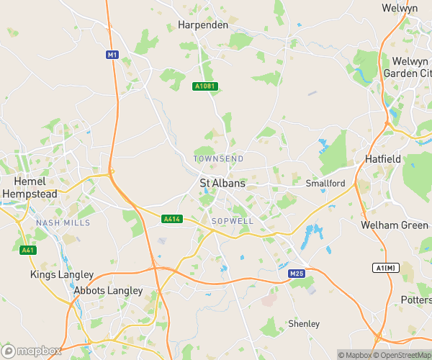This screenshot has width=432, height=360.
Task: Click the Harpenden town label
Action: (x=202, y=25)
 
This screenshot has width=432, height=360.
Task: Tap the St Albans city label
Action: (x=222, y=184)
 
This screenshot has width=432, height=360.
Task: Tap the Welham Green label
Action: (x=395, y=225)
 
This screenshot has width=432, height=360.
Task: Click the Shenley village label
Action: (x=303, y=324)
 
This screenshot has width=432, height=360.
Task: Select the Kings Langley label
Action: (x=62, y=274)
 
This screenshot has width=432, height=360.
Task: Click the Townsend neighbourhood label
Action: (x=218, y=158)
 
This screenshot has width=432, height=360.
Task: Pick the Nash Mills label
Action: (x=63, y=223)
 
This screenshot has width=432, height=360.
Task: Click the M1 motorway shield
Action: (x=112, y=55)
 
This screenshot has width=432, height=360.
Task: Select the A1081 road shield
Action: (x=204, y=86)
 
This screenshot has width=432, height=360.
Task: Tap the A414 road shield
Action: (x=171, y=219)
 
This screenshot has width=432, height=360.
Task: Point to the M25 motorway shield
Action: (x=297, y=274)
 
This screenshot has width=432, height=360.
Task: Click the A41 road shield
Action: (x=27, y=250)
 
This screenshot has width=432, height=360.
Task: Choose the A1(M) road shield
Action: (x=386, y=268)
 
